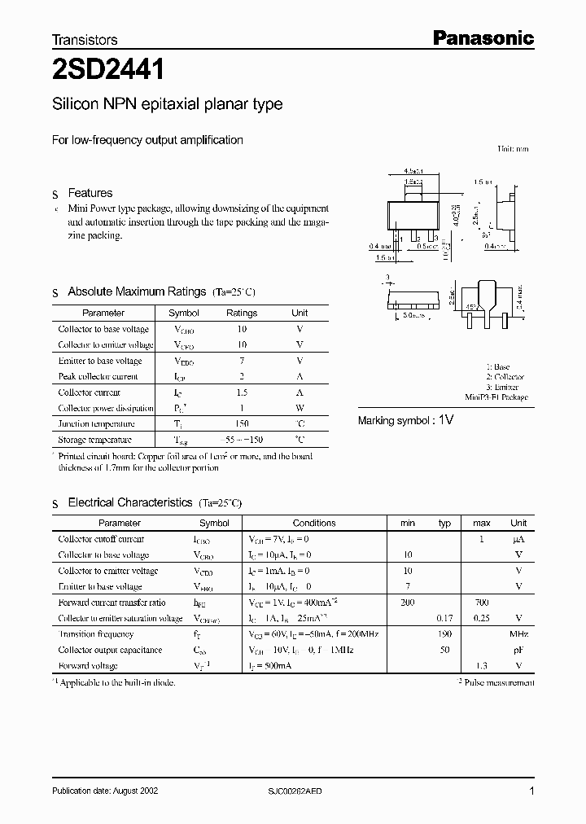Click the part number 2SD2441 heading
(x=107, y=71)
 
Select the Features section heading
(x=90, y=193)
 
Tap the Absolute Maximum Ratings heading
(x=137, y=291)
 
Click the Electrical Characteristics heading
(x=130, y=503)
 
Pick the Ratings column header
(x=242, y=313)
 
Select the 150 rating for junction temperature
(x=242, y=423)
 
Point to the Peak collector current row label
(x=98, y=376)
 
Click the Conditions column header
(x=314, y=523)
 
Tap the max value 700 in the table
(x=482, y=603)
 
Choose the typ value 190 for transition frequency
(x=444, y=633)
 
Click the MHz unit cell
(x=518, y=633)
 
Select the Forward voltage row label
(x=88, y=665)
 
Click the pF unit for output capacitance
(x=518, y=650)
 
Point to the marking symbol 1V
(x=446, y=420)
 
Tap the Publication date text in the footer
(x=106, y=791)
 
